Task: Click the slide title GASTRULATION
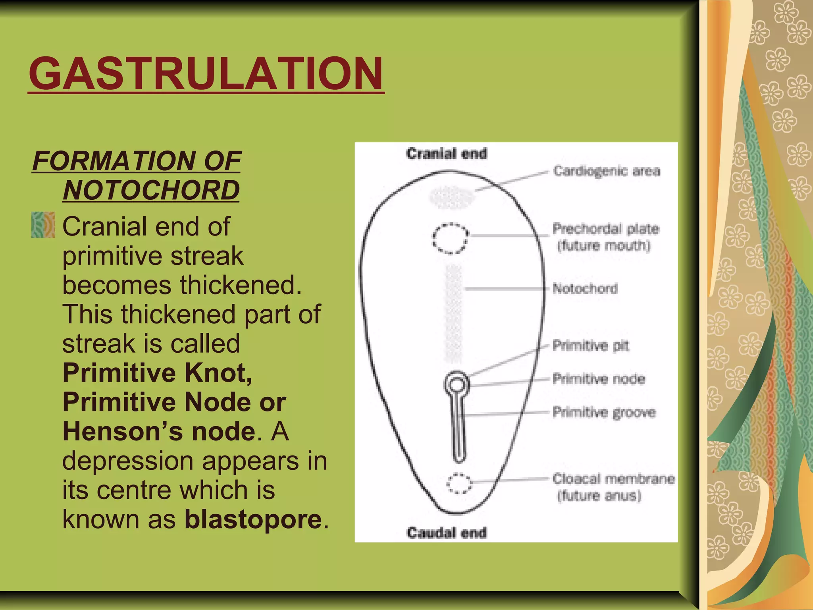tap(206, 74)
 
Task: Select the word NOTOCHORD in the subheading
tap(151, 190)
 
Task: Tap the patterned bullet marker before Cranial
tap(43, 225)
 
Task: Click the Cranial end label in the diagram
tap(446, 154)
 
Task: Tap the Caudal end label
tap(446, 533)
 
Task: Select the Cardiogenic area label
tap(607, 171)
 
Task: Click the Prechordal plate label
tap(605, 229)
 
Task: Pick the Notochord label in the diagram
tap(585, 288)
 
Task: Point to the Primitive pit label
tap(591, 346)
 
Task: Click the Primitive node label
tap(598, 379)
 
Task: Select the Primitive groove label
tap(604, 412)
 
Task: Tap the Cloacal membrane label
tap(613, 479)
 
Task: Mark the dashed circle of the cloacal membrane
tap(459, 483)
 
